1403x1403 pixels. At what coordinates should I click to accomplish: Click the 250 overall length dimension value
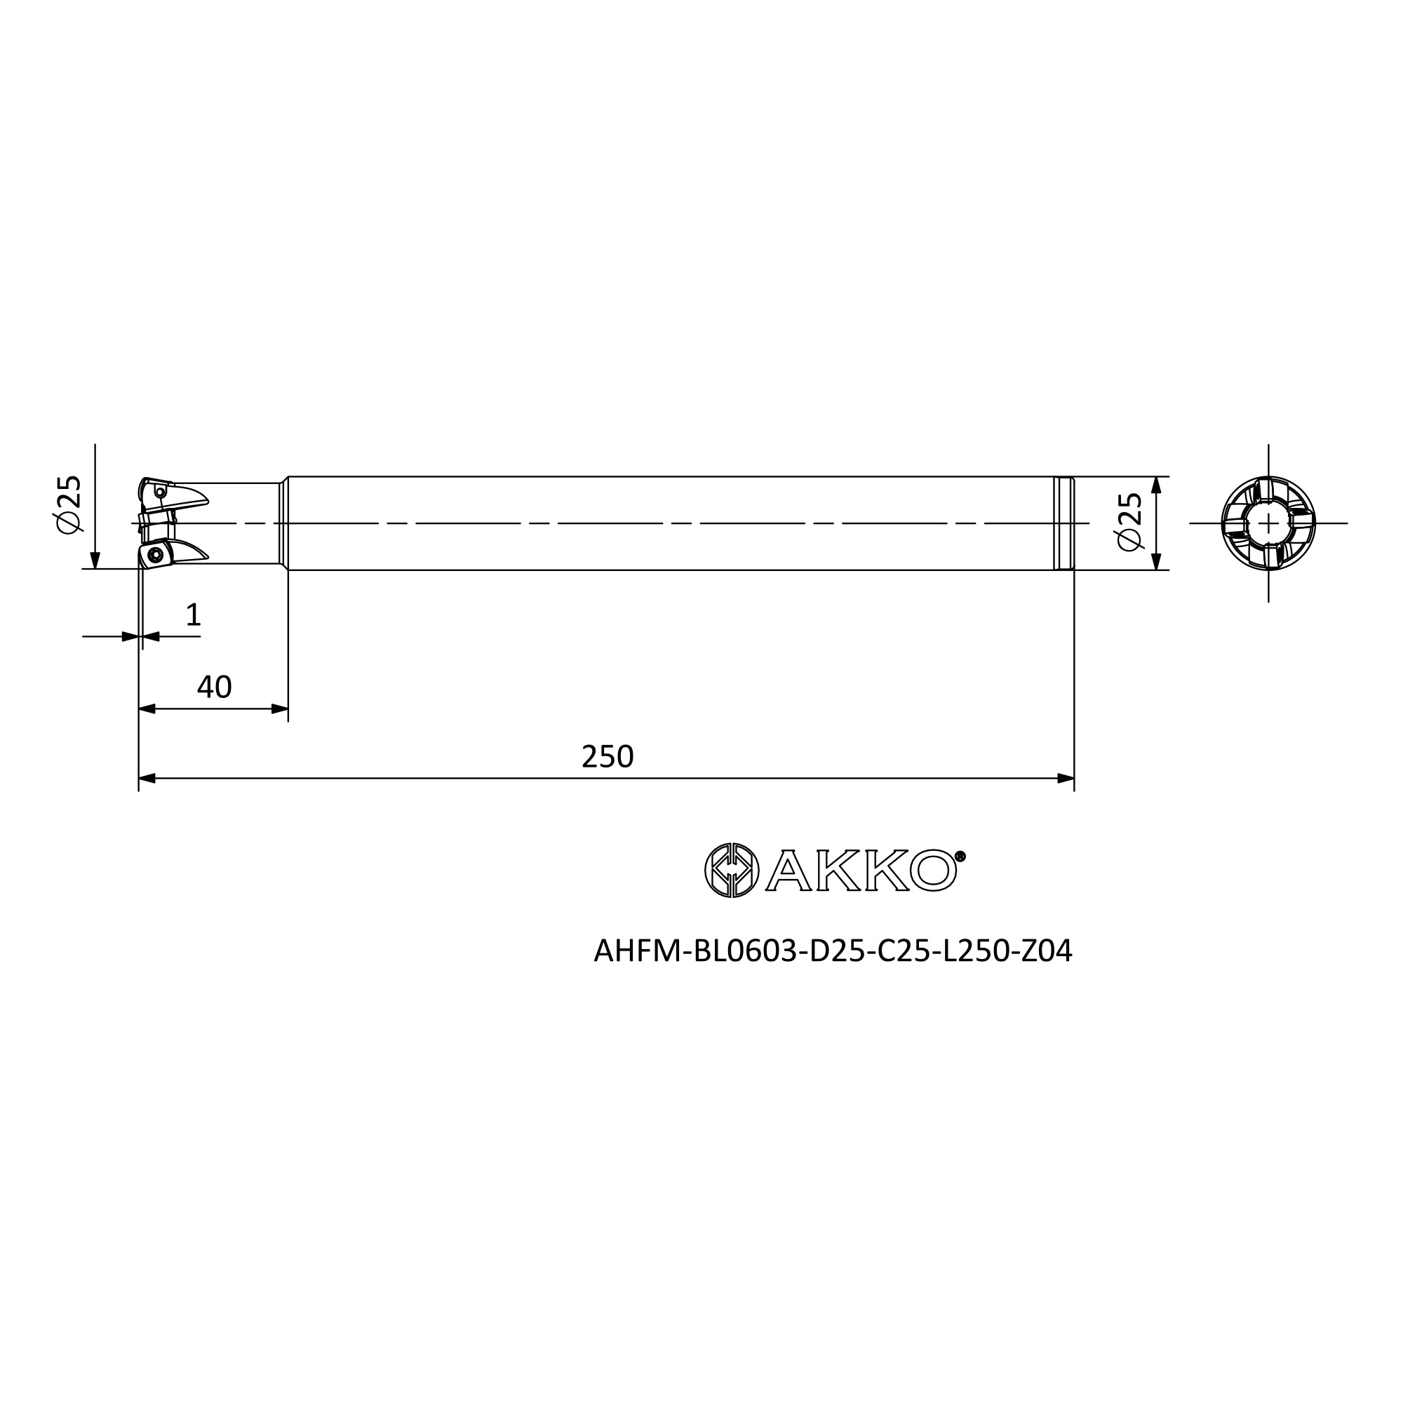(x=607, y=757)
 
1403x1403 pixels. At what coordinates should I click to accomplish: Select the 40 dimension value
(x=214, y=687)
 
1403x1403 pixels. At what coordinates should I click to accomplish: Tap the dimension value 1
(x=193, y=615)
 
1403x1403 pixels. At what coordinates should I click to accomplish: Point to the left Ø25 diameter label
(x=69, y=504)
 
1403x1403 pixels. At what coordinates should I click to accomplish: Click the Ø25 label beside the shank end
(x=1130, y=522)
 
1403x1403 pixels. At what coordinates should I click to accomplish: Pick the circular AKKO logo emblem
(x=731, y=870)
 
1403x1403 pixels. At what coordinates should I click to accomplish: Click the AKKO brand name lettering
(x=861, y=870)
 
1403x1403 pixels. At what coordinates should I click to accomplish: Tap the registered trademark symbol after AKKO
(x=960, y=857)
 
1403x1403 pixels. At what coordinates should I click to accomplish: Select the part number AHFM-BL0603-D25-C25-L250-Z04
(x=833, y=951)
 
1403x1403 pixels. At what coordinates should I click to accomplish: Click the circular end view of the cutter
(x=1268, y=523)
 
